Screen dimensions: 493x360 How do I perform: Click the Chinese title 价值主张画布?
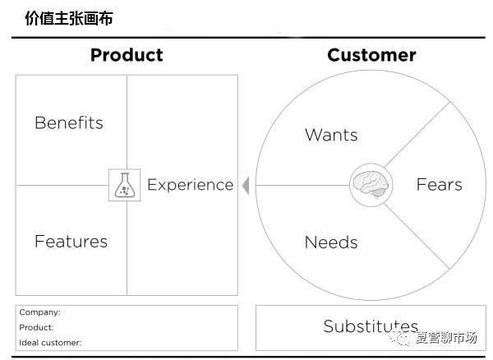pos(69,18)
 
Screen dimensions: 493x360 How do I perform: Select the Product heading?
pos(127,55)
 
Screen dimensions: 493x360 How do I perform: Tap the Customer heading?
pos(371,55)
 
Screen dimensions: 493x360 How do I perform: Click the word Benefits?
pos(69,122)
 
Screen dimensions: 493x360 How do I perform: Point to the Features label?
pos(71,242)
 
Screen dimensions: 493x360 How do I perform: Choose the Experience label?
pos(191,185)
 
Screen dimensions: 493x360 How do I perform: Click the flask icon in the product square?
pos(125,185)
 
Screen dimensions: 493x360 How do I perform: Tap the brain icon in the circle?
pos(371,185)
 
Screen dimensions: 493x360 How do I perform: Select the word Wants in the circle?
pos(331,135)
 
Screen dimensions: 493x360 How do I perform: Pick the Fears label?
pos(440,185)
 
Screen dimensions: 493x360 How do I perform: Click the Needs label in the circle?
pos(331,242)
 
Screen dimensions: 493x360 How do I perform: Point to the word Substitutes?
pos(371,326)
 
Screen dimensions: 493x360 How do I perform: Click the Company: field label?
pos(39,312)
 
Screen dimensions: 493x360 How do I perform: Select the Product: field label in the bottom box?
pos(36,327)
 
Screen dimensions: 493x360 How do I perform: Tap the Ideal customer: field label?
pos(50,343)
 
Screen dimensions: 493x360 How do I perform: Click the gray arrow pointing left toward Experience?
pos(246,186)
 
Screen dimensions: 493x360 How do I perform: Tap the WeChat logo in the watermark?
pos(399,338)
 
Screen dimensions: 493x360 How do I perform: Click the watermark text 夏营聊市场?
pos(446,338)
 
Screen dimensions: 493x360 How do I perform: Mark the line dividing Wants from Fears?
pos(417,134)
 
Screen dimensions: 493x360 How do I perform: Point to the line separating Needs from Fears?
pos(417,237)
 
